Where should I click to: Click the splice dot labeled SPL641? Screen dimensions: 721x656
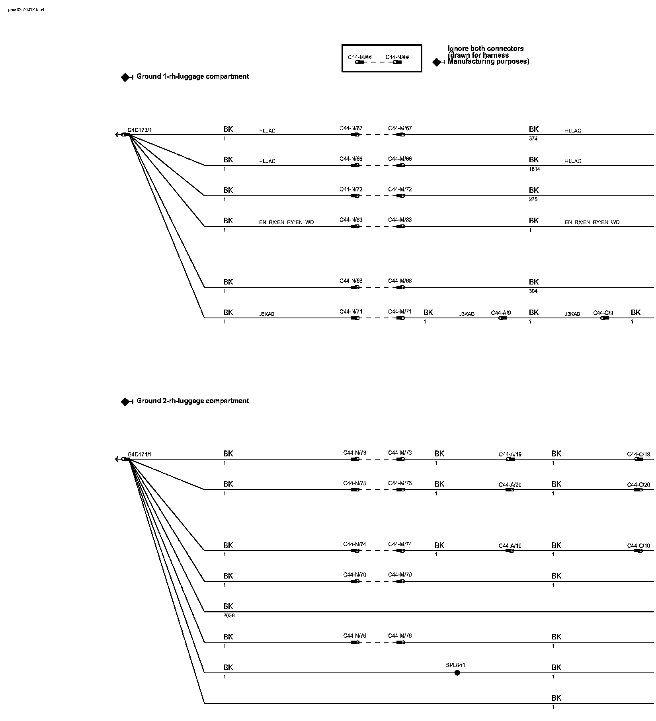tap(457, 673)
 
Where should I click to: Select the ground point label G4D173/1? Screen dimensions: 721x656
tap(139, 130)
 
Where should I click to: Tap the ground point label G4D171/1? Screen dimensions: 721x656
tap(139, 454)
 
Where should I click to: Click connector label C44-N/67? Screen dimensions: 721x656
tap(351, 128)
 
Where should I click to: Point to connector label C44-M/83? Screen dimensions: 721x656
tap(400, 220)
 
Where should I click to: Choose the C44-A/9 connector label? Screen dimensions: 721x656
tap(501, 313)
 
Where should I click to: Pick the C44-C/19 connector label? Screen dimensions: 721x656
tap(638, 454)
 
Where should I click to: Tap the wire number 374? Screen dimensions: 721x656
tap(533, 138)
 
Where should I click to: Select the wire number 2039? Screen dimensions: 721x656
tap(229, 616)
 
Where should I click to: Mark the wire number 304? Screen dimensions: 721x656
tap(533, 291)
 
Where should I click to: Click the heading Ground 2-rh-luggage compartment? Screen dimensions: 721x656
tap(192, 401)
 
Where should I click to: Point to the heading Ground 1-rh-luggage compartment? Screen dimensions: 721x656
tap(192, 76)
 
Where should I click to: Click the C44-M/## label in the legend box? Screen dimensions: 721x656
tap(359, 57)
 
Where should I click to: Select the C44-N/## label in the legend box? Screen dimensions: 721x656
tap(397, 57)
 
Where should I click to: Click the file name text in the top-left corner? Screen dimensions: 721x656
tap(26, 10)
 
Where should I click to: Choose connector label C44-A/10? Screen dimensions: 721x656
tap(510, 546)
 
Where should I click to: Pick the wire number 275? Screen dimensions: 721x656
tap(533, 199)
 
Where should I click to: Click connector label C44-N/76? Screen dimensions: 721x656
tap(355, 636)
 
